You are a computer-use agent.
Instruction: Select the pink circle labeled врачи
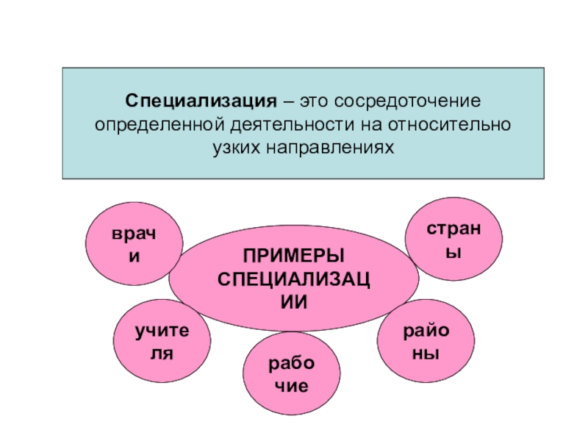(x=135, y=244)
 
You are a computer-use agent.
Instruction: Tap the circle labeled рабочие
(x=293, y=375)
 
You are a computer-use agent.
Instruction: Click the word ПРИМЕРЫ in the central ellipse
(x=294, y=257)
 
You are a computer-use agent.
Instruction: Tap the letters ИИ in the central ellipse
(x=294, y=301)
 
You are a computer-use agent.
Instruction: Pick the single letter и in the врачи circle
(x=135, y=257)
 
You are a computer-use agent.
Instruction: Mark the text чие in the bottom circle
(x=293, y=386)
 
